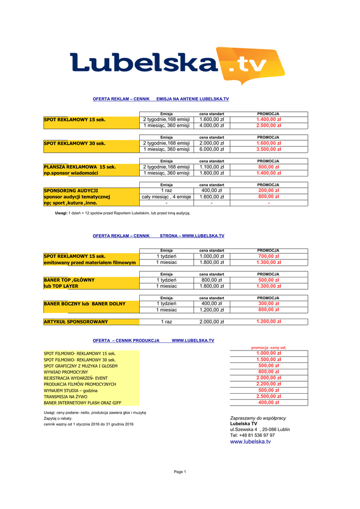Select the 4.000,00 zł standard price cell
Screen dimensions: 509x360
[x=212, y=126]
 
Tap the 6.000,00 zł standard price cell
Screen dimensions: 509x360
[x=212, y=149]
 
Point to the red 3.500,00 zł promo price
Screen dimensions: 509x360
[x=269, y=149]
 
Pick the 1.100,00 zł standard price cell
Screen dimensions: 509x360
[x=212, y=167]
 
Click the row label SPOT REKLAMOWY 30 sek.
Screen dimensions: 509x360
[x=75, y=143]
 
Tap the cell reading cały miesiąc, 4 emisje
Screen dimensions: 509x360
[x=167, y=197]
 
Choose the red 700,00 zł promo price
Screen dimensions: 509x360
[x=269, y=256]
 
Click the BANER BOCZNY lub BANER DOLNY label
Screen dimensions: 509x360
[x=85, y=303]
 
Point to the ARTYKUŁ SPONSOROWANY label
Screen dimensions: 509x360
[x=76, y=322]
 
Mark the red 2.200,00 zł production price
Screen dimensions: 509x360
[x=269, y=384]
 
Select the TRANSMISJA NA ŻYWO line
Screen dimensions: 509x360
[x=66, y=397]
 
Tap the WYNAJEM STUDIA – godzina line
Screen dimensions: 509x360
[x=71, y=391]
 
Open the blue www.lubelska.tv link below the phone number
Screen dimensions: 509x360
[x=250, y=441]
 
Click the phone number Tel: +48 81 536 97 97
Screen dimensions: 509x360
[x=252, y=435]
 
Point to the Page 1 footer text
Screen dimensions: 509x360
[x=180, y=472]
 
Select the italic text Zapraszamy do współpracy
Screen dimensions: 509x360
[x=258, y=418]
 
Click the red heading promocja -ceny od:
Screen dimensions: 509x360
[x=269, y=347]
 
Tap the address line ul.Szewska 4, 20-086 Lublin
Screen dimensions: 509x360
[x=260, y=429]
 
